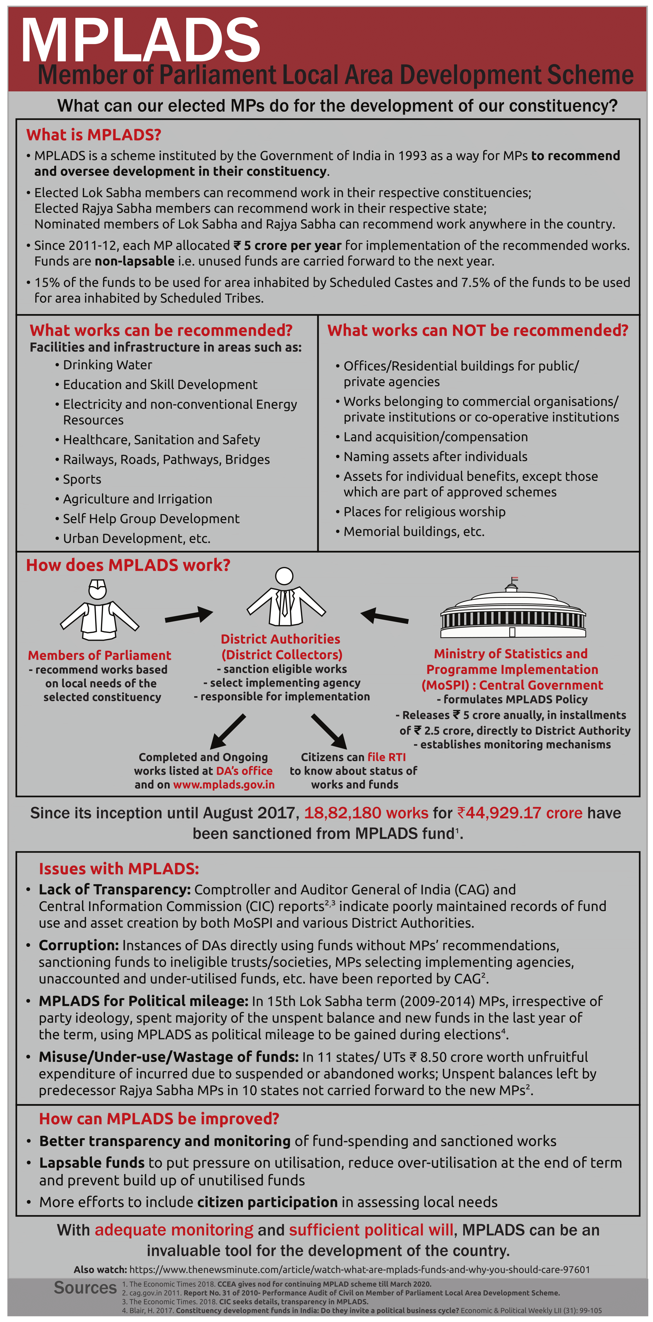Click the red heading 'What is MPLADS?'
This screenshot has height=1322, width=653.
tap(94, 135)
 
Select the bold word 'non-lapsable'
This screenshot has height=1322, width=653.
tap(135, 261)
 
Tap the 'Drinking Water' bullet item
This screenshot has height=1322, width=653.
tap(107, 365)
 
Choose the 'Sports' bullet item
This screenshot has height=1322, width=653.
tap(82, 479)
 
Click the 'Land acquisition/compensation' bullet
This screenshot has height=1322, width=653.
tap(435, 437)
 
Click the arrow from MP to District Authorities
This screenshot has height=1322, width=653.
tap(188, 615)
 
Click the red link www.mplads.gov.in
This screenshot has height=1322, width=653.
tap(224, 785)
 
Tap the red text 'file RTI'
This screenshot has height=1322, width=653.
tap(386, 757)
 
